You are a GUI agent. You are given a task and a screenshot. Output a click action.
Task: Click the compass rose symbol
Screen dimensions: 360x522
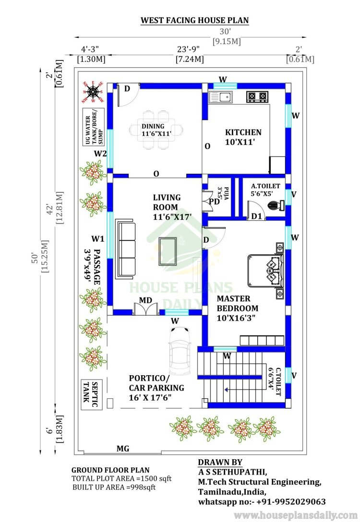point(93,92)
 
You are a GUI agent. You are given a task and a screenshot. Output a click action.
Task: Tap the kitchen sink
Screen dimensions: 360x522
point(220,97)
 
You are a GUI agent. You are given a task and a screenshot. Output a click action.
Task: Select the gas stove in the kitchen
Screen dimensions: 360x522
point(257,97)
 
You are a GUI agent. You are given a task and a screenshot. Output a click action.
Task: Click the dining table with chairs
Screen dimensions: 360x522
point(156,130)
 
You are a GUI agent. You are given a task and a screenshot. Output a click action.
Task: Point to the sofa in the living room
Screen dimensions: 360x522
point(126,249)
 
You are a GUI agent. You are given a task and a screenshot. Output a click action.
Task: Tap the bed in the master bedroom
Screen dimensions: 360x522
point(265,270)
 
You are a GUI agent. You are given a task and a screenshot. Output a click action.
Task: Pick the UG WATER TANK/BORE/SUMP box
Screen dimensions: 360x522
point(94,127)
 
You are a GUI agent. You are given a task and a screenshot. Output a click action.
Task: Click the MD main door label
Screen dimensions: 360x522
point(145,300)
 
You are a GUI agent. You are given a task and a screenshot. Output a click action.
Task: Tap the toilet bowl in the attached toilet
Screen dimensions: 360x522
point(276,205)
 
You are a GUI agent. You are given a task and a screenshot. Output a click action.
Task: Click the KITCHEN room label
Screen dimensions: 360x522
point(243,132)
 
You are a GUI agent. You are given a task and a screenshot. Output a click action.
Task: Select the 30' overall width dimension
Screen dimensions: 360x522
point(225,31)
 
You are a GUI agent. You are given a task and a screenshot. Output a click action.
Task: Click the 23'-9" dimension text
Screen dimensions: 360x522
point(189,49)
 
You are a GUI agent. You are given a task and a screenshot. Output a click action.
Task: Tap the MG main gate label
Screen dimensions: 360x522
point(123,449)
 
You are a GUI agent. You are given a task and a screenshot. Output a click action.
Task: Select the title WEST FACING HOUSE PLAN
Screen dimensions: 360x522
point(194,20)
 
